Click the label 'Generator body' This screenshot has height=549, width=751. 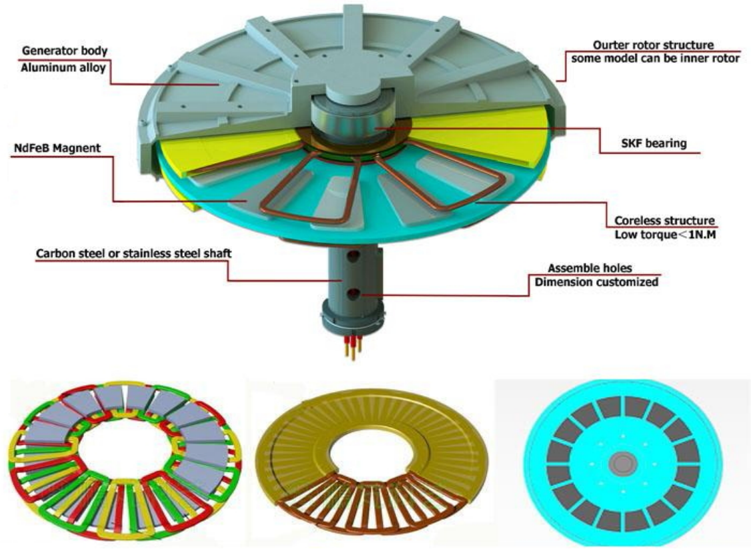pos(65,51)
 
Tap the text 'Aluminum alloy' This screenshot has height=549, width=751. pos(63,67)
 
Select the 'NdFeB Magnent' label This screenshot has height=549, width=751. pos(57,148)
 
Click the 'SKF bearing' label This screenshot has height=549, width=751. pos(654,143)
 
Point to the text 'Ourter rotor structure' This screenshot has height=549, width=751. pos(654,45)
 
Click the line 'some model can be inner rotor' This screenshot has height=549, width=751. pos(655,59)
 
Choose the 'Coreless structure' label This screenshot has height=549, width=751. pos(665,221)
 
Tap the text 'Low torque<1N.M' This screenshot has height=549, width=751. pos(665,235)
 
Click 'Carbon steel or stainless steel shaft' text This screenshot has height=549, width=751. pos(134,253)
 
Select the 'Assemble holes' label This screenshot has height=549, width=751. pos(590,267)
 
